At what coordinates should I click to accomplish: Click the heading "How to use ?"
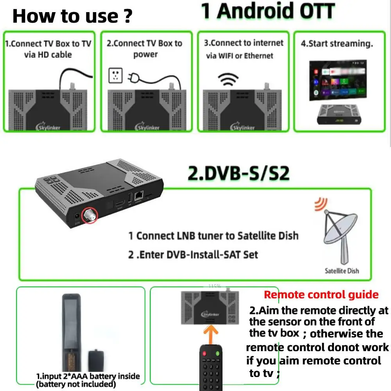tap(72, 16)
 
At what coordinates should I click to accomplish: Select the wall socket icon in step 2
tap(116, 75)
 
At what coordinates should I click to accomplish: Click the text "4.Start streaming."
tap(337, 43)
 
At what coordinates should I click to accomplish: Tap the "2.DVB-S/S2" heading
tap(239, 174)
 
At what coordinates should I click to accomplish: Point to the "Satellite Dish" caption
tap(342, 271)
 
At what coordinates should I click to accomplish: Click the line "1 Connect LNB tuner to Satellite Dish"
tap(213, 236)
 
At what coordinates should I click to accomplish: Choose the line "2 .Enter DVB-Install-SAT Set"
tap(193, 255)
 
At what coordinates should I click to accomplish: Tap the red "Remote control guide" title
tap(321, 294)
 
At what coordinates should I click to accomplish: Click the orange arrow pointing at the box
tap(211, 333)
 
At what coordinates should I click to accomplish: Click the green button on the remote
tap(217, 353)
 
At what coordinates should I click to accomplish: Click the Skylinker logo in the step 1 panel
tap(48, 127)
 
